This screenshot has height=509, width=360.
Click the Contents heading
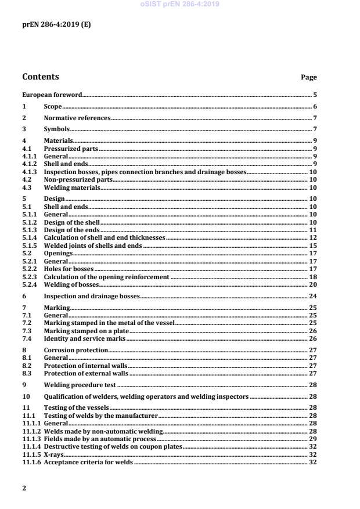click(x=41, y=77)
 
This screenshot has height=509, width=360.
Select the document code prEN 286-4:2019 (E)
click(x=56, y=25)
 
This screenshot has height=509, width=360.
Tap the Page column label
click(x=308, y=77)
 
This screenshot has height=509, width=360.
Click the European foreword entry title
click(x=52, y=94)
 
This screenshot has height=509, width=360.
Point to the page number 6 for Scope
click(x=315, y=107)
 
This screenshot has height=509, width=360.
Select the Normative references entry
click(x=77, y=118)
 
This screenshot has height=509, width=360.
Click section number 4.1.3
click(x=29, y=172)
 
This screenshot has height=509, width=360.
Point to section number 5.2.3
click(x=29, y=277)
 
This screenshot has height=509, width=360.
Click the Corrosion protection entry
click(x=76, y=350)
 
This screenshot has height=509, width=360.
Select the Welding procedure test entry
click(x=80, y=384)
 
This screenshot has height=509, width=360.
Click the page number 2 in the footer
click(x=24, y=488)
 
